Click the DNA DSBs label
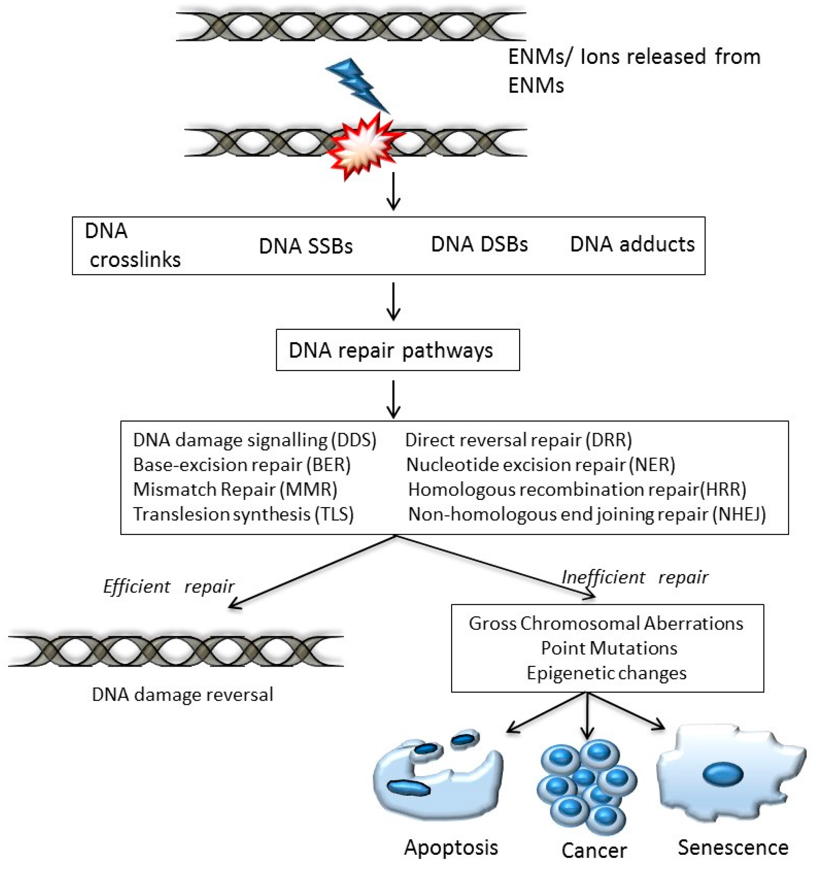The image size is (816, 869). pos(479,244)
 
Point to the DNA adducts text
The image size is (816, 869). pos(632,244)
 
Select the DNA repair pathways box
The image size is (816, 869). pos(397,350)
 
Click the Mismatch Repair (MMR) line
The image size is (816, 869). pos(235,489)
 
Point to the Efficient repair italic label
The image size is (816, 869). pos(169,587)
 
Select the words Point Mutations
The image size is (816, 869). pos(609,648)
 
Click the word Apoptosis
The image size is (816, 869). pos(451,847)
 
